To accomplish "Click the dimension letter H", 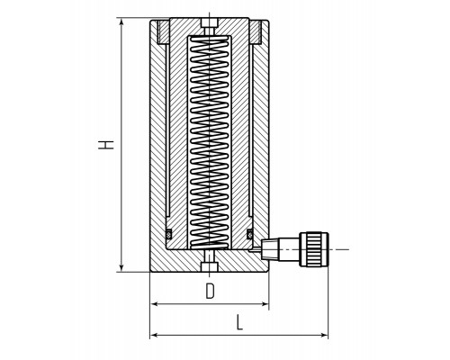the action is coord(106,145).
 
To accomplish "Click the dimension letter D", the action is coord(211,291).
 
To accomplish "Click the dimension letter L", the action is coord(239,322).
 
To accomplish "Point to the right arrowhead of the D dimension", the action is coord(265,304).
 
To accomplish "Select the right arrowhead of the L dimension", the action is coord(324,335).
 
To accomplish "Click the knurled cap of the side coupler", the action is coord(314,249).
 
